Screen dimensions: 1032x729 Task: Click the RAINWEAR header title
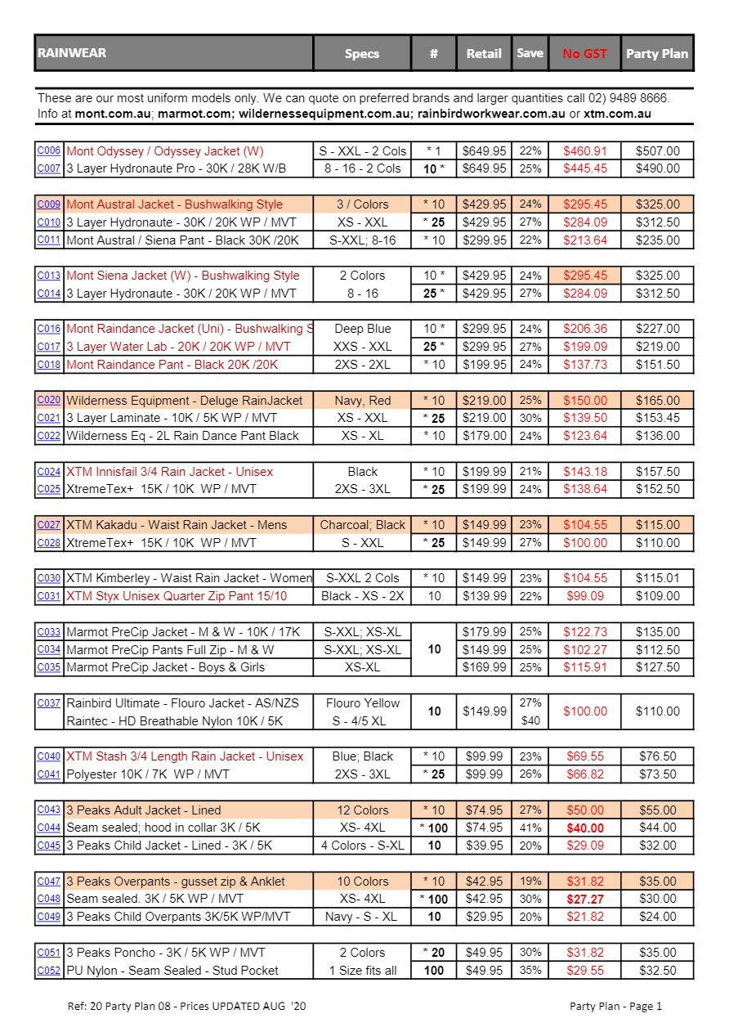(72, 53)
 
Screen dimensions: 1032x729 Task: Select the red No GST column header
(584, 54)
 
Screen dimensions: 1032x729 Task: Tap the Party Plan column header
(657, 54)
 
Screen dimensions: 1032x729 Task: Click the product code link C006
(49, 150)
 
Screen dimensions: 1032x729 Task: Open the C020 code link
(49, 400)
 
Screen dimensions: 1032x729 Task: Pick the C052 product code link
(49, 971)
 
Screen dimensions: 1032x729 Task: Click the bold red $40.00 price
(584, 828)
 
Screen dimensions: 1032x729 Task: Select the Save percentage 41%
(530, 828)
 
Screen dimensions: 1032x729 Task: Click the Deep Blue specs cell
(362, 329)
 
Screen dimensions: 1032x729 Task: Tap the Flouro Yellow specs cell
(362, 702)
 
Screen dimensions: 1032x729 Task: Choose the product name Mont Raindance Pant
(172, 365)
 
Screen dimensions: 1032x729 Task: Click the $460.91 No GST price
(584, 150)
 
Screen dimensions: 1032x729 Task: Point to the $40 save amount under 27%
(530, 720)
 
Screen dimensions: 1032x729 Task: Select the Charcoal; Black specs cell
(362, 525)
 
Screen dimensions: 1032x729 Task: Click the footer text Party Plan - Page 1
(615, 1006)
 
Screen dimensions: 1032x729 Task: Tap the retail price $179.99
(484, 631)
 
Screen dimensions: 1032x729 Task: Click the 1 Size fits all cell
(362, 971)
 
